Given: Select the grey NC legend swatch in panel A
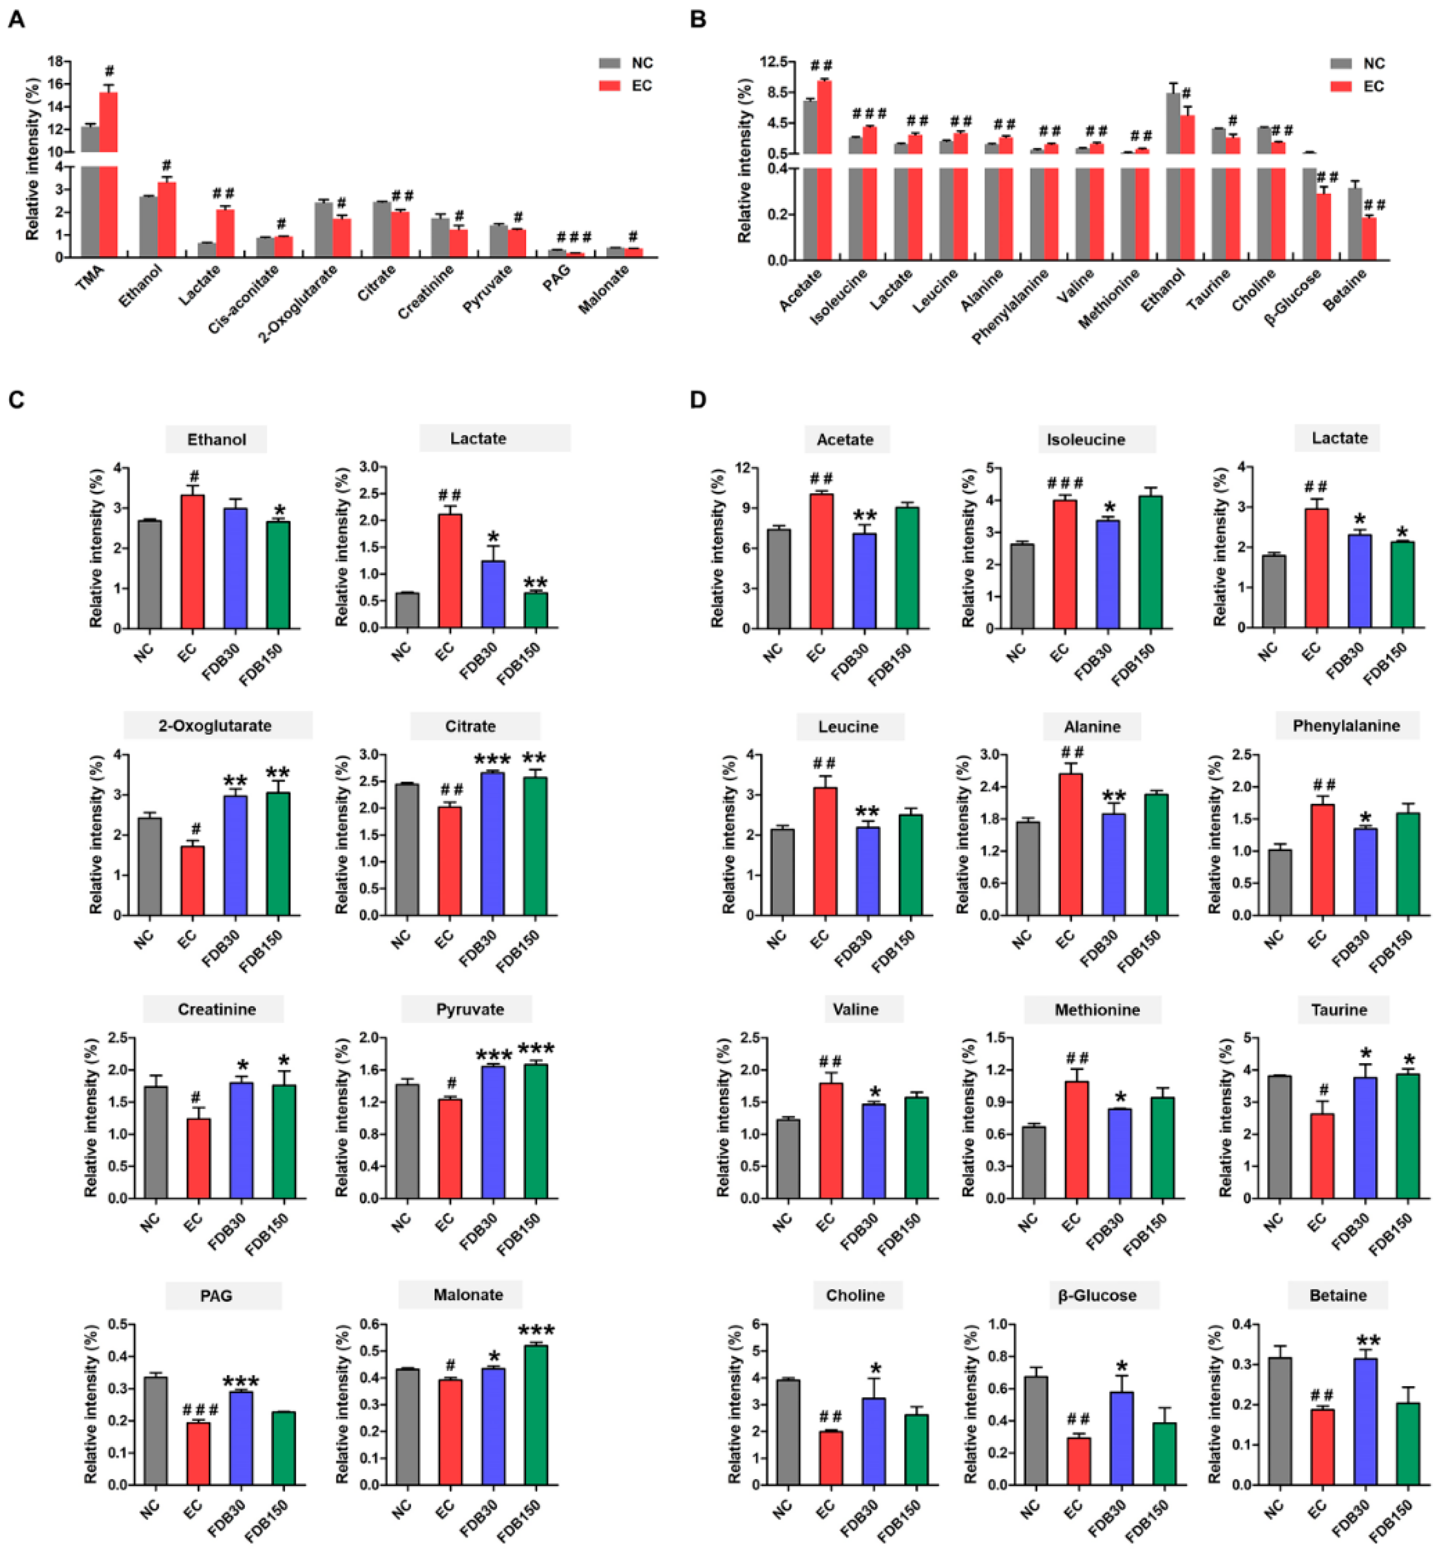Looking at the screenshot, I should (x=609, y=63).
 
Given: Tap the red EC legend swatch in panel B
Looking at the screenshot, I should (x=1340, y=86).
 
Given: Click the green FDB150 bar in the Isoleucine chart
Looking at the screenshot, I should (x=1150, y=562).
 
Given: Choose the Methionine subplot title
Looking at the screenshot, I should (x=1097, y=1010).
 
